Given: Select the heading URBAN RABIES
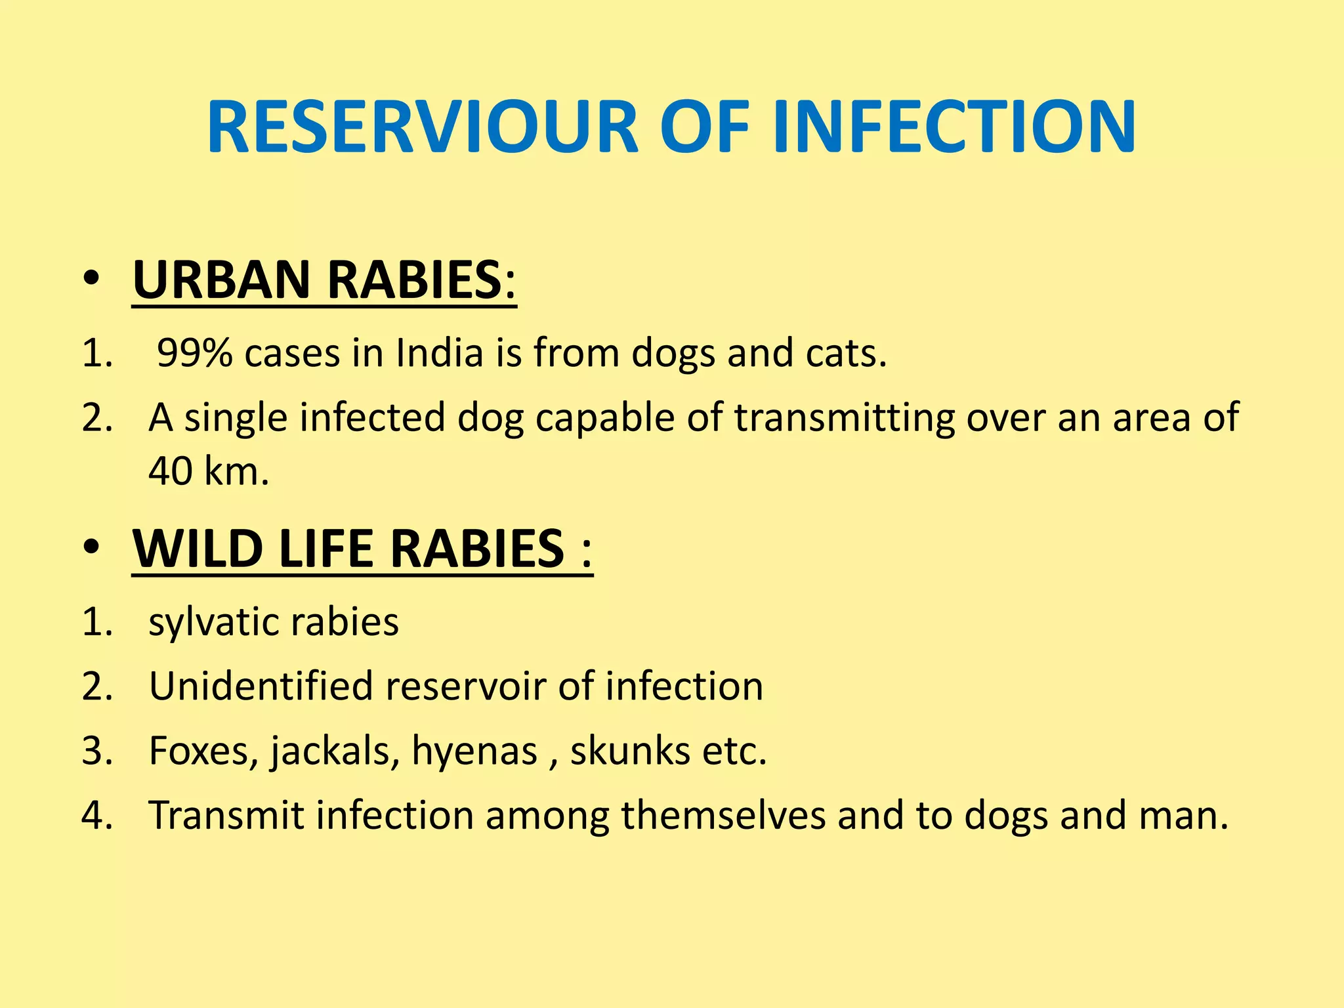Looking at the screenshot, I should pyautogui.click(x=324, y=280).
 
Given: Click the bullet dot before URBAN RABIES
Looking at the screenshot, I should pyautogui.click(x=91, y=280).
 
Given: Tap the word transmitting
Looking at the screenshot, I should pyautogui.click(x=844, y=417).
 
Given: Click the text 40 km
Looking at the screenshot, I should pyautogui.click(x=209, y=471).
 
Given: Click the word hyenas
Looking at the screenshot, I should pyautogui.click(x=474, y=751).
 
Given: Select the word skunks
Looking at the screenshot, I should pyautogui.click(x=629, y=751).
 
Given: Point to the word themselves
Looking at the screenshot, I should pyautogui.click(x=723, y=815).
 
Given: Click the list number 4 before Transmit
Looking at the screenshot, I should pyautogui.click(x=96, y=815).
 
